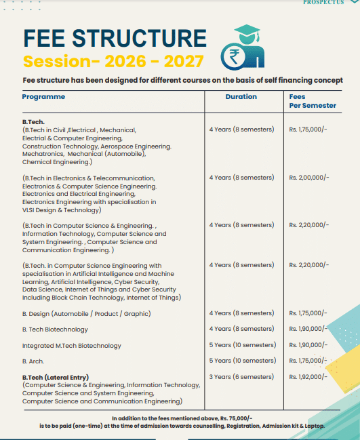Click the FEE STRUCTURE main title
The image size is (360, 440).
(x=115, y=38)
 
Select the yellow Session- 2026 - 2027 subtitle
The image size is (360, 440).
(x=113, y=62)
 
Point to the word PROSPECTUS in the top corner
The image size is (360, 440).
(x=324, y=3)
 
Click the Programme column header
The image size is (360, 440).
(x=43, y=97)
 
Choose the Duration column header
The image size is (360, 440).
(x=241, y=97)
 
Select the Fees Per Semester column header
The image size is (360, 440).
(x=312, y=101)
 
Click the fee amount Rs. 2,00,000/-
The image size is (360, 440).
(x=308, y=178)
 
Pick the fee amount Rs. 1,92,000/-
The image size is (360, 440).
(x=308, y=377)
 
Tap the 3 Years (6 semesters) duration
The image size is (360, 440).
(x=241, y=377)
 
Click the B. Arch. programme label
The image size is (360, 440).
(x=33, y=361)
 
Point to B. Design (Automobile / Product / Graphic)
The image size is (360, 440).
(x=86, y=314)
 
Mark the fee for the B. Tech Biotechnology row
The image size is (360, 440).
(x=308, y=329)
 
